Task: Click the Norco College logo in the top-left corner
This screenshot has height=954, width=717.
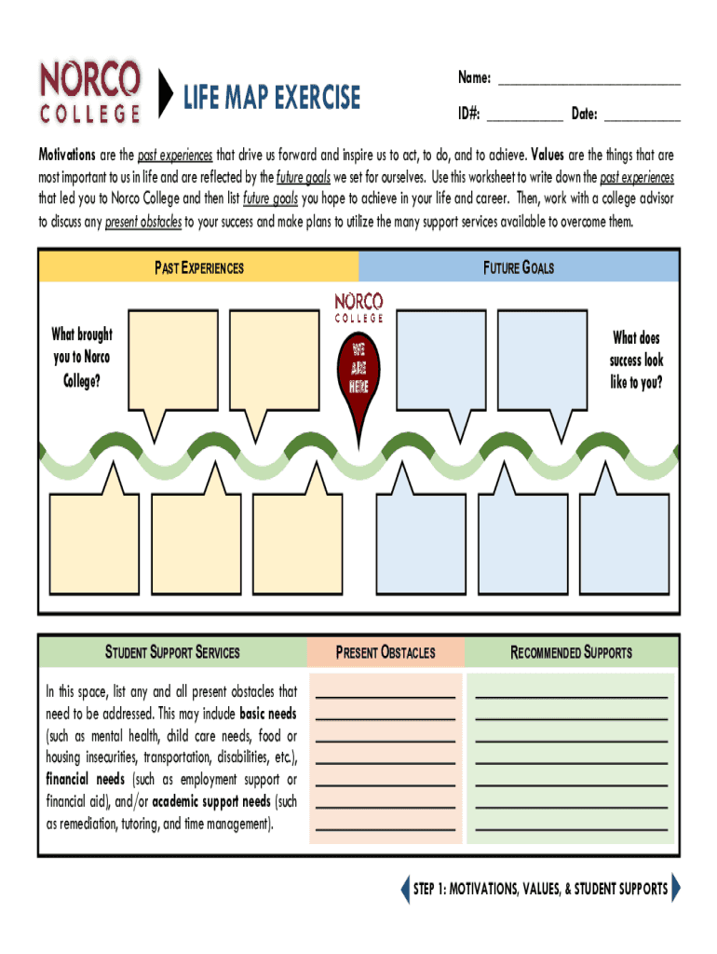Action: tap(90, 91)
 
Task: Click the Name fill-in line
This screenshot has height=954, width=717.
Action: tap(588, 84)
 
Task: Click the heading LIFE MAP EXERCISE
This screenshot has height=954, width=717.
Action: tap(271, 97)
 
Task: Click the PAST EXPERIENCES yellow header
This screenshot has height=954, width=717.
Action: tap(198, 267)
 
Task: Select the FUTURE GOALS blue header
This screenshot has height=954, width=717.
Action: tap(519, 267)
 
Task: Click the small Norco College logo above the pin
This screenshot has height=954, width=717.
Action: tap(358, 307)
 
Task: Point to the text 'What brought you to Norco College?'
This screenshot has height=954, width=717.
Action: tap(82, 358)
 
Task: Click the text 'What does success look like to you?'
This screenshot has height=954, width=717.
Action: tap(637, 361)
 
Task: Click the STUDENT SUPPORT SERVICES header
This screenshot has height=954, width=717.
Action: tap(172, 652)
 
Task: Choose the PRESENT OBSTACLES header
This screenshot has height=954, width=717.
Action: tap(386, 652)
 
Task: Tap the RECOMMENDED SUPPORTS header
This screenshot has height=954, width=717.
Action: tap(571, 652)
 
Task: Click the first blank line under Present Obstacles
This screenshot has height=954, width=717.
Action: tap(386, 696)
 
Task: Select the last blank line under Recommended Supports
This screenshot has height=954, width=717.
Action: tap(571, 827)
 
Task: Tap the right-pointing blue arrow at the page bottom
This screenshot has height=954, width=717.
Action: tap(676, 889)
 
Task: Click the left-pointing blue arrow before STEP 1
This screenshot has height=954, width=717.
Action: tap(404, 889)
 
